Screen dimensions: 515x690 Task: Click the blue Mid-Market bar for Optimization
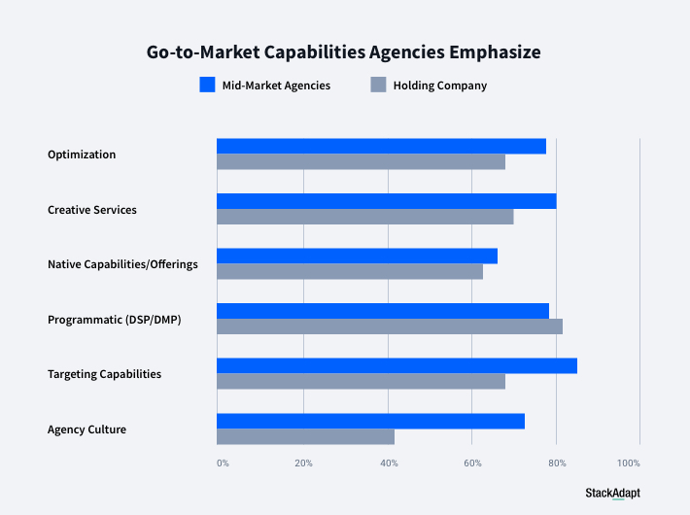pyautogui.click(x=381, y=146)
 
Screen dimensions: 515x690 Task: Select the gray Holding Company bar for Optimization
pyautogui.click(x=361, y=162)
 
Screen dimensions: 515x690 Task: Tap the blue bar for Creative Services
pyautogui.click(x=386, y=201)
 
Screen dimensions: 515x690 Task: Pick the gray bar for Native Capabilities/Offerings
pyautogui.click(x=349, y=272)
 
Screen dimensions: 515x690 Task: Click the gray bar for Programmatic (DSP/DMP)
pyautogui.click(x=389, y=326)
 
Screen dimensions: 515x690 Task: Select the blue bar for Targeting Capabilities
pyautogui.click(x=397, y=365)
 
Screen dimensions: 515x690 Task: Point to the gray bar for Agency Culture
pyautogui.click(x=305, y=437)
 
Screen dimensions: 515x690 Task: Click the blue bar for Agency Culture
pyautogui.click(x=370, y=421)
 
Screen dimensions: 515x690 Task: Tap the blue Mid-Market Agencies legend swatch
pyautogui.click(x=207, y=85)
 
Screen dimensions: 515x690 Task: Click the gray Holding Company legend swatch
pyautogui.click(x=379, y=85)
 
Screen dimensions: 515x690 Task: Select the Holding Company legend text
pyautogui.click(x=440, y=86)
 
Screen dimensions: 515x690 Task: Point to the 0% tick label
pyautogui.click(x=223, y=463)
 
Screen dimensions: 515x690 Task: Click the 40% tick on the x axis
pyautogui.click(x=389, y=463)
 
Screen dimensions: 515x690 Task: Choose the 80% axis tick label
pyautogui.click(x=557, y=463)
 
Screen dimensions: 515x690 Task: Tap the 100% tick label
pyautogui.click(x=629, y=463)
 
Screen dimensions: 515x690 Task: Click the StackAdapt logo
pyautogui.click(x=612, y=493)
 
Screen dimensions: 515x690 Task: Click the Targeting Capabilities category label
pyautogui.click(x=104, y=374)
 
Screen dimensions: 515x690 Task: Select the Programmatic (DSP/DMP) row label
pyautogui.click(x=114, y=319)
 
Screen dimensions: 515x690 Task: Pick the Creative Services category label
pyautogui.click(x=92, y=210)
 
